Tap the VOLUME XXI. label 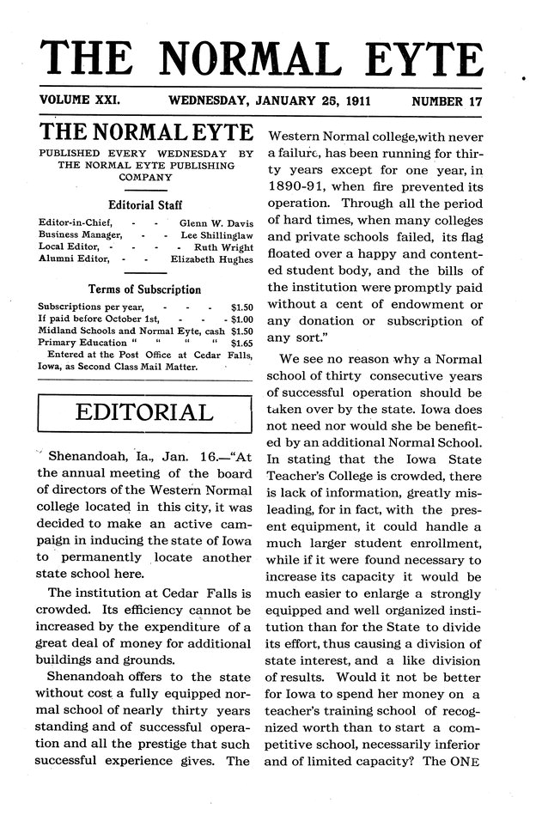80,100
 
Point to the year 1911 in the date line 352,100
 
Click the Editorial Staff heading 144,205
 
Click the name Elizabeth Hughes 212,258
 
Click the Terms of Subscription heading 144,289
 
